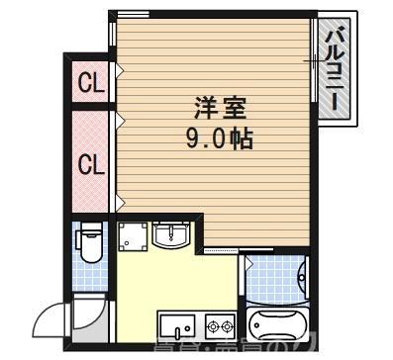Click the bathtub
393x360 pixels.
coord(278,325)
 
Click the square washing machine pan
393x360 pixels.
coord(133,236)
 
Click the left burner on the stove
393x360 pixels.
coord(212,325)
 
